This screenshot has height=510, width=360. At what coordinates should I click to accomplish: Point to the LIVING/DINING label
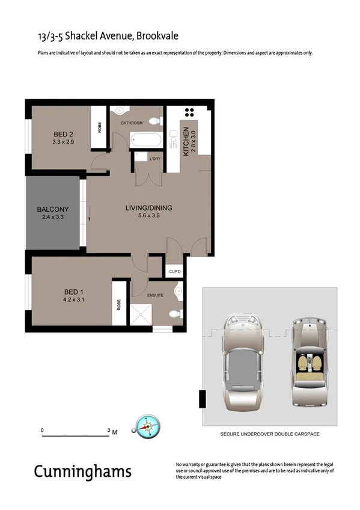tap(148, 208)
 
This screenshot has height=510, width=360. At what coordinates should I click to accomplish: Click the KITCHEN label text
tap(186, 142)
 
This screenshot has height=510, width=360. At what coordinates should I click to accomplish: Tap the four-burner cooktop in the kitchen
tap(191, 112)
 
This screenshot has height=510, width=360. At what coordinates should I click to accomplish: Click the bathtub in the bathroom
tap(146, 141)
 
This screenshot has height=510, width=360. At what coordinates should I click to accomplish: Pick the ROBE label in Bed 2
tap(100, 127)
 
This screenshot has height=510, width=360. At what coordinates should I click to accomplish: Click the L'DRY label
tap(155, 158)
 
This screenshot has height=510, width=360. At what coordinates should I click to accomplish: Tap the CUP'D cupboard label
tap(174, 272)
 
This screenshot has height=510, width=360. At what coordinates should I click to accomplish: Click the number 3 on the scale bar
tap(109, 431)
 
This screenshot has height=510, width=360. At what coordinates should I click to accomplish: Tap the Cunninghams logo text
tap(82, 470)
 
